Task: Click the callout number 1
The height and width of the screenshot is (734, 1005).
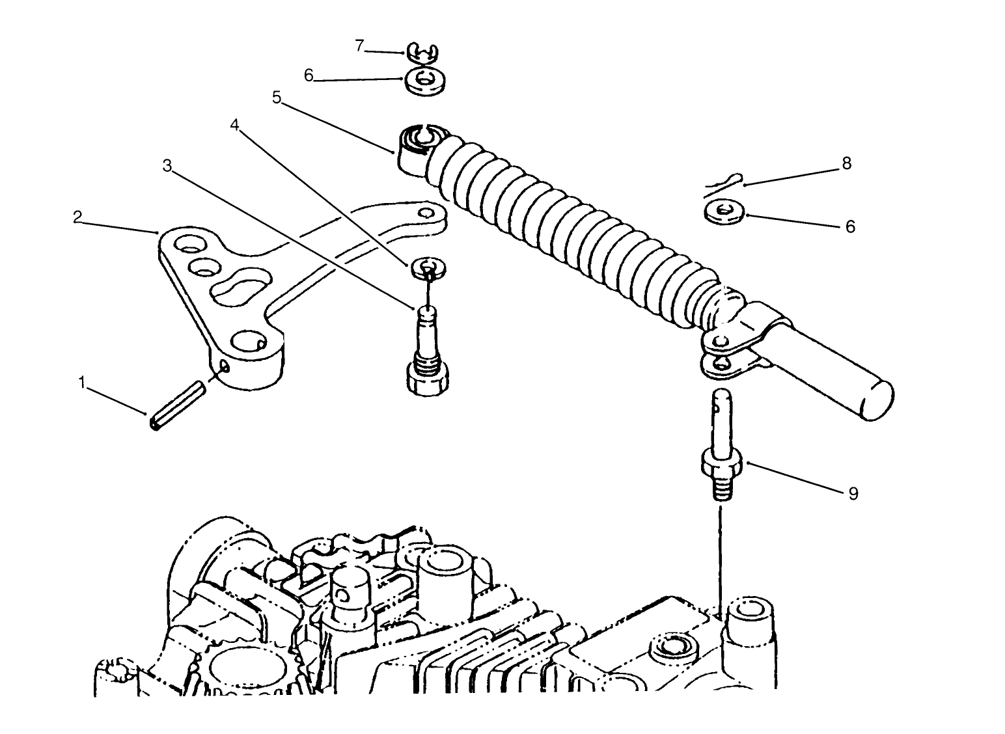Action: pos(81,382)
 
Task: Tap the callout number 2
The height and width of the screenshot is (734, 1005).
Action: pos(77,217)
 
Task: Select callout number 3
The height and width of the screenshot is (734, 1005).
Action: pos(167,166)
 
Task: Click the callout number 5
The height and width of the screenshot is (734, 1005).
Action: pos(277,98)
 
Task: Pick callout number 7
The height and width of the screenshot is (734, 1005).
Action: pos(359,46)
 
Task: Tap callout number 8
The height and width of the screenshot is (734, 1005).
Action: pos(846,163)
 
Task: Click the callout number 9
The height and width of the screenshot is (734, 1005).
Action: pos(853,493)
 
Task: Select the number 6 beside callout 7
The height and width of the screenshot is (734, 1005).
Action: pos(309,75)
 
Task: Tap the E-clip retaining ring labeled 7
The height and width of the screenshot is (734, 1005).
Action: pos(424,53)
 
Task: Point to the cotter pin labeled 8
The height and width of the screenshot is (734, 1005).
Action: pos(724,183)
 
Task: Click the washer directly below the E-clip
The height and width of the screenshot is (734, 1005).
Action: pos(425,82)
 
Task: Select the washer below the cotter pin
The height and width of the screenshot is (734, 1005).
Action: pos(724,213)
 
